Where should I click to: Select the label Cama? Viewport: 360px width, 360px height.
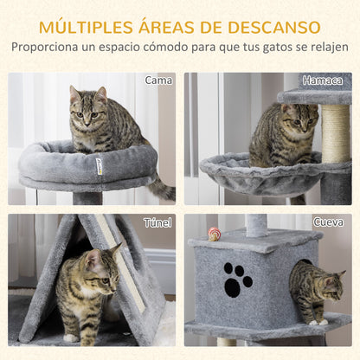[x=157, y=80]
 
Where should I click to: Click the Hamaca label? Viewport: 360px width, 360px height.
[x=324, y=80]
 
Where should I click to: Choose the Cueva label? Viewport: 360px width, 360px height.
[x=328, y=222]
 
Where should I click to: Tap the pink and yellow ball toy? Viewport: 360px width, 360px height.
[x=215, y=233]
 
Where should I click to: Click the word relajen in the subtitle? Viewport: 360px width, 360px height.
[x=328, y=47]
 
